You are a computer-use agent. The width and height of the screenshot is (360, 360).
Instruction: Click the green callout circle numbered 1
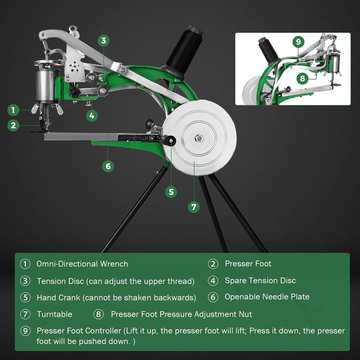tap(13, 110)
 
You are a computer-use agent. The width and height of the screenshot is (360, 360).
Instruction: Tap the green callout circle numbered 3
tap(103, 40)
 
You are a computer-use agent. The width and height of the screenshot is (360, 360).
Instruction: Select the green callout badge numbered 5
tap(171, 192)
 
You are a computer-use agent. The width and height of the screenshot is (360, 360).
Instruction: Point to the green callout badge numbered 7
tap(194, 207)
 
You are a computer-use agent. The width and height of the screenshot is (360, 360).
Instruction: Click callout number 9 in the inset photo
tap(298, 42)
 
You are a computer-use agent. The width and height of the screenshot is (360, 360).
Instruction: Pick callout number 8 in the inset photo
tap(302, 78)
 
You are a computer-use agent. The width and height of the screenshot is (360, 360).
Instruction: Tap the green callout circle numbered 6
tap(108, 166)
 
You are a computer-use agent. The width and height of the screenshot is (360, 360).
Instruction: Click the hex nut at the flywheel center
tap(198, 139)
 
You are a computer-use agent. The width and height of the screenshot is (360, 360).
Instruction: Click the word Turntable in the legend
tap(54, 314)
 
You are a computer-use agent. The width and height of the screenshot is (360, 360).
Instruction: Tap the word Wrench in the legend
tap(114, 264)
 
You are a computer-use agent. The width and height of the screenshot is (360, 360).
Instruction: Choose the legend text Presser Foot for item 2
tap(248, 264)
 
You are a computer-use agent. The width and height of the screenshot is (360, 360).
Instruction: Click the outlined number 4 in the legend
tap(213, 281)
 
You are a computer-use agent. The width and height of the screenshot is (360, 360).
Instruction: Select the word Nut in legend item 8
tap(245, 314)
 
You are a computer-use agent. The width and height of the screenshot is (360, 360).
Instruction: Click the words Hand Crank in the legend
tap(58, 298)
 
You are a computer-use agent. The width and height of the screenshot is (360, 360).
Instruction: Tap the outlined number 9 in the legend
tap(25, 331)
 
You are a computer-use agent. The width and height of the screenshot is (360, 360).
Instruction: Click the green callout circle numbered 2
tap(13, 126)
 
